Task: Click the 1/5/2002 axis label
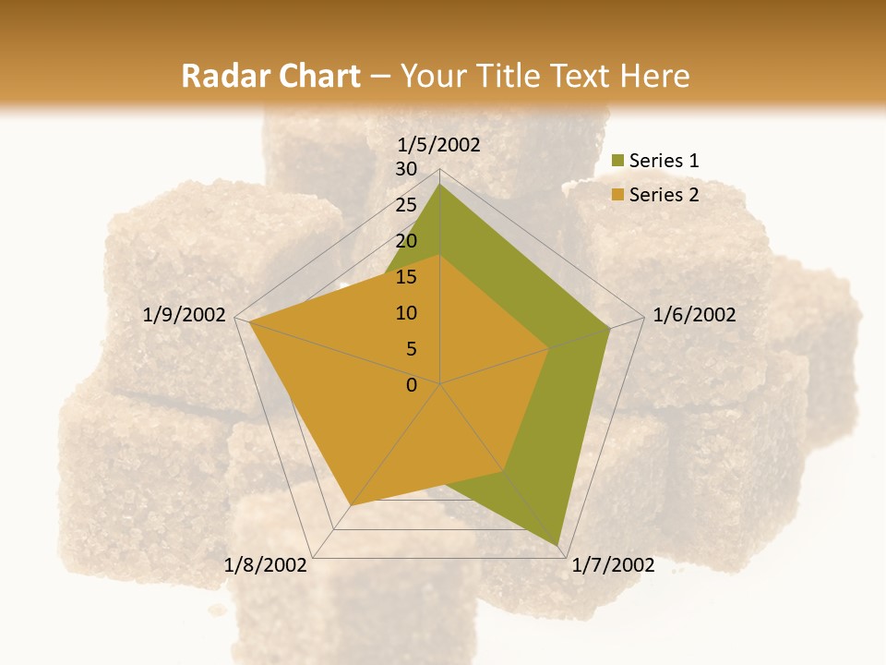(439, 144)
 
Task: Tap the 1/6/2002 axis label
(694, 315)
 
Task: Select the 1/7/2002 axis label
(613, 565)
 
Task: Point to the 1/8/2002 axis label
(266, 565)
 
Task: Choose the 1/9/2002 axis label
(185, 315)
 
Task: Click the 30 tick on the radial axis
(406, 169)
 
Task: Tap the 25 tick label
(406, 205)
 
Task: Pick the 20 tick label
(406, 241)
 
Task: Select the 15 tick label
(406, 277)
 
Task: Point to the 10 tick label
(406, 313)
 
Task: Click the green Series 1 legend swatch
(618, 162)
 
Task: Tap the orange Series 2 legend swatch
(618, 195)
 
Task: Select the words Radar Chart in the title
(270, 76)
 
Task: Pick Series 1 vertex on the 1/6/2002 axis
(610, 328)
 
